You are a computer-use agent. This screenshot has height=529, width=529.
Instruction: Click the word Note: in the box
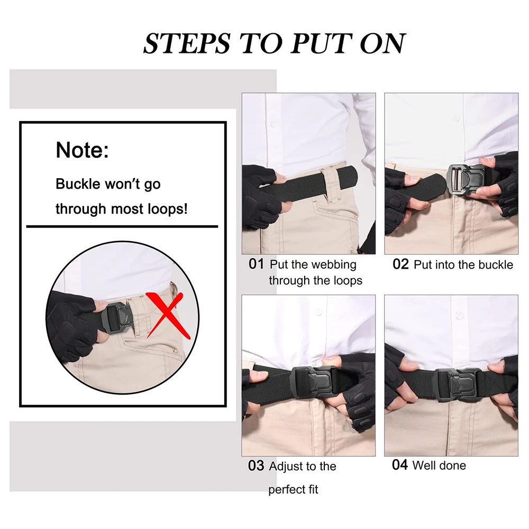click(82, 150)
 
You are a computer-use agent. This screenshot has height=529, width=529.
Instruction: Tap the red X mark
click(168, 315)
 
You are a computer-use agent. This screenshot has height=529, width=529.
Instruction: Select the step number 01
click(256, 264)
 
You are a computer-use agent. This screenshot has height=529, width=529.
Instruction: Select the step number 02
click(400, 264)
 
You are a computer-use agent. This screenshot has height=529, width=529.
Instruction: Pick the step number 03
click(256, 466)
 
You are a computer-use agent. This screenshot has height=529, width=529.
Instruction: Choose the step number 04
click(400, 465)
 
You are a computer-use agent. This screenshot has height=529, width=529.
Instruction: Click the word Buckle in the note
click(78, 184)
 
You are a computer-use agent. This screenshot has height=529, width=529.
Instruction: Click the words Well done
click(439, 466)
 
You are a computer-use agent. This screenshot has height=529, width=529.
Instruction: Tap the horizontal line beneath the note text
click(122, 226)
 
